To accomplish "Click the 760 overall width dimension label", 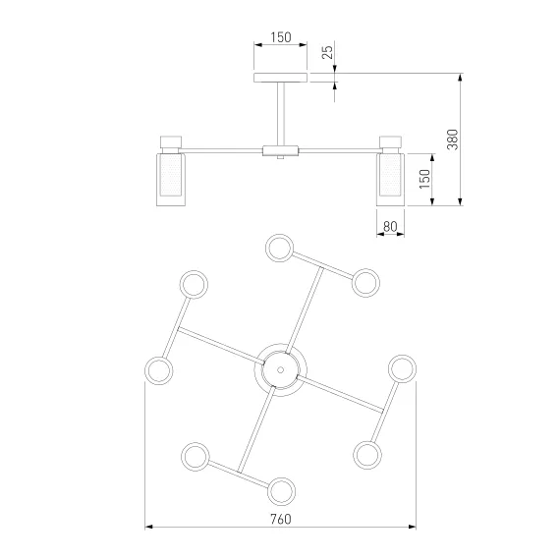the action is point(281,519).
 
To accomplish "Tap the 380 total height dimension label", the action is point(453,140).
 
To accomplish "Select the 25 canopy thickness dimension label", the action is point(327,52).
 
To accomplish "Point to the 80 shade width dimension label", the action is point(390,226).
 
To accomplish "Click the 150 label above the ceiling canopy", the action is point(281,37).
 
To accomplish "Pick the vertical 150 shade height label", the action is point(424,179).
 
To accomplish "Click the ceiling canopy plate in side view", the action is point(280,78).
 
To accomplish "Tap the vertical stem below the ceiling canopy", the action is point(281,114).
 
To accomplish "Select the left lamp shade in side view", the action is point(171,180).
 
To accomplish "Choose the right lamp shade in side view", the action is point(390,180).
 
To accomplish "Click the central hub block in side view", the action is point(280,150).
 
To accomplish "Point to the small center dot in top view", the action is point(280,370).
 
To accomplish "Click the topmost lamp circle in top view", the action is point(280,248).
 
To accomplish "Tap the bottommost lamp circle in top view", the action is point(281,491).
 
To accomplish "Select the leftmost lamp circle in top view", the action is point(159,370).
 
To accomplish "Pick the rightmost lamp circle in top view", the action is point(402,369).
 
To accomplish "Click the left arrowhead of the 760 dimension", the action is point(149,527).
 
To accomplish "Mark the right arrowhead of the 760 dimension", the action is point(412,527).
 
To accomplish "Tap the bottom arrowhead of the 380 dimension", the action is point(461,201).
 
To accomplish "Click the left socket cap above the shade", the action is point(171,142).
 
